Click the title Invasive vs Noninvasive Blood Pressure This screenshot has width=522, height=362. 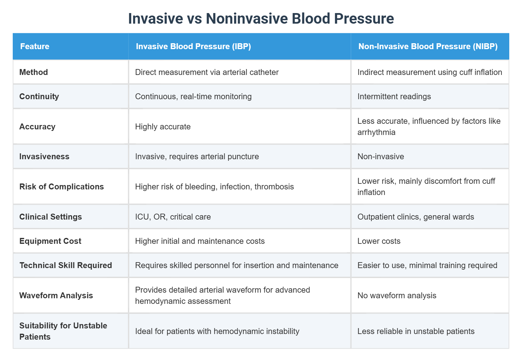(261, 18)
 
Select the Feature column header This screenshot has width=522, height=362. (35, 46)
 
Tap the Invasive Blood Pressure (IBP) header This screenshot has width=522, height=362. (193, 46)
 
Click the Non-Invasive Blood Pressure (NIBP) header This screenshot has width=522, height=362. (428, 46)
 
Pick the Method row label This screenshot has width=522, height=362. (34, 72)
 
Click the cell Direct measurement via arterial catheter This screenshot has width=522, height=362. (207, 72)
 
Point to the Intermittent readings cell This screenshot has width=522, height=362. (394, 96)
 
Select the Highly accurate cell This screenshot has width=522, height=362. (163, 127)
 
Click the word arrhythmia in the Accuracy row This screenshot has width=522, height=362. (376, 132)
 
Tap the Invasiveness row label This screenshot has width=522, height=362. (44, 156)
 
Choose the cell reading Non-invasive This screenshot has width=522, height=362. (381, 156)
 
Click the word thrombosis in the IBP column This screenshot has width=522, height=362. (274, 187)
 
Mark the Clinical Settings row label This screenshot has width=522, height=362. (50, 217)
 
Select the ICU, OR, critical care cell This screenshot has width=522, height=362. (173, 217)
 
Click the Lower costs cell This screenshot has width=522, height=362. (379, 241)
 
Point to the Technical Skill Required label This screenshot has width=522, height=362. (66, 265)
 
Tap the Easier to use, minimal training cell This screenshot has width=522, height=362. (427, 265)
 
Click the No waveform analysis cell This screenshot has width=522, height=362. (397, 295)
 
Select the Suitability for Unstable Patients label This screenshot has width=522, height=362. (63, 331)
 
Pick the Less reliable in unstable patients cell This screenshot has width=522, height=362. (416, 331)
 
